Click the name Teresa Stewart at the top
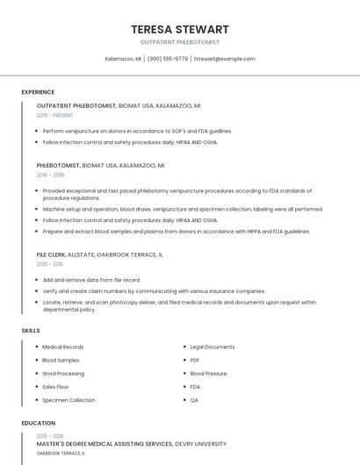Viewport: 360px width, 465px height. click(180, 29)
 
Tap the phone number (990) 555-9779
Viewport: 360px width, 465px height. click(168, 59)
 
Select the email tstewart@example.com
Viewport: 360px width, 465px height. click(225, 59)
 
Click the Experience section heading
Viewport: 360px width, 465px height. click(38, 92)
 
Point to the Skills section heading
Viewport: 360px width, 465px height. click(31, 330)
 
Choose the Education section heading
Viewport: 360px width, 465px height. click(38, 423)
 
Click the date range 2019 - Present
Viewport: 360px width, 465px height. click(55, 115)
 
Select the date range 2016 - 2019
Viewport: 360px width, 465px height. click(51, 175)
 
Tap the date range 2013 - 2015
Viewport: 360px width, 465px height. click(50, 264)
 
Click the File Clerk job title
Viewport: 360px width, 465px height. click(51, 254)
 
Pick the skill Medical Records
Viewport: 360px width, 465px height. click(63, 347)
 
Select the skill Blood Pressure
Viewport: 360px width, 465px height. click(208, 373)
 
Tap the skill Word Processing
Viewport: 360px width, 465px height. click(63, 373)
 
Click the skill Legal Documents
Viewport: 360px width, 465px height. click(212, 347)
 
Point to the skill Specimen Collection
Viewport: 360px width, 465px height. click(68, 400)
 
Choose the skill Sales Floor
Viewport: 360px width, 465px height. click(55, 387)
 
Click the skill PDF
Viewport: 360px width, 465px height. click(195, 360)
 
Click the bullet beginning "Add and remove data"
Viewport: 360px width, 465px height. click(91, 280)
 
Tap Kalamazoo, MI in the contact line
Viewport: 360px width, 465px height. click(123, 59)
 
